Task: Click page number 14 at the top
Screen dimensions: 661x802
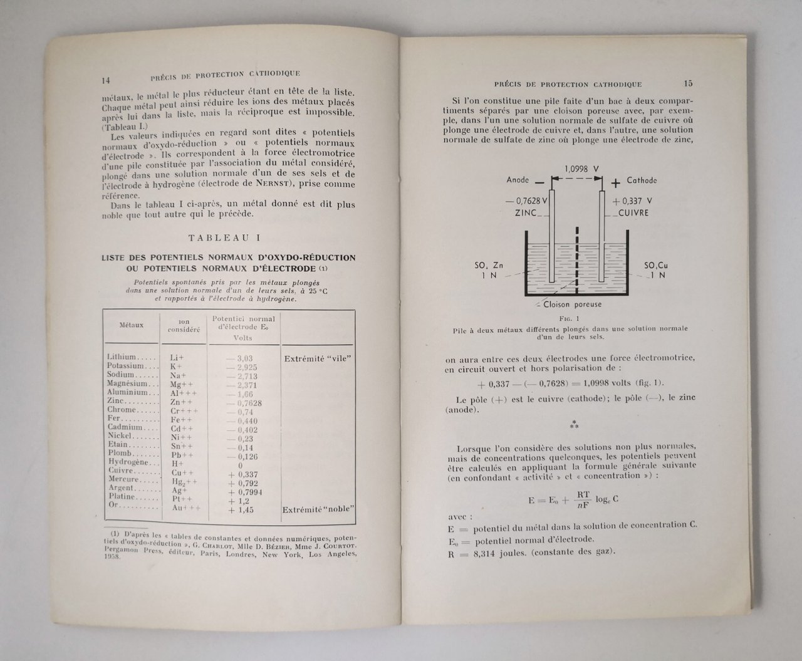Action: coord(105,80)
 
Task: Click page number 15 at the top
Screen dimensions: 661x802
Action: coord(688,83)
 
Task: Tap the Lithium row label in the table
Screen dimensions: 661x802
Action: coord(122,357)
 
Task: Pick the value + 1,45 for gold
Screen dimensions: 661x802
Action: coord(241,510)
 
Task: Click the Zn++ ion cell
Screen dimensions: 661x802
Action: coord(180,402)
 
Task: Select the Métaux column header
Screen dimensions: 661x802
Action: coord(132,325)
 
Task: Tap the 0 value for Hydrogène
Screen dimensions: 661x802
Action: coord(240,466)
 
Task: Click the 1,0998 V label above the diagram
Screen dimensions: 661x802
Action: coord(578,169)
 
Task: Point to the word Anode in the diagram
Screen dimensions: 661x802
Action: coord(517,180)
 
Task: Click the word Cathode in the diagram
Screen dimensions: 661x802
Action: coord(642,180)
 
